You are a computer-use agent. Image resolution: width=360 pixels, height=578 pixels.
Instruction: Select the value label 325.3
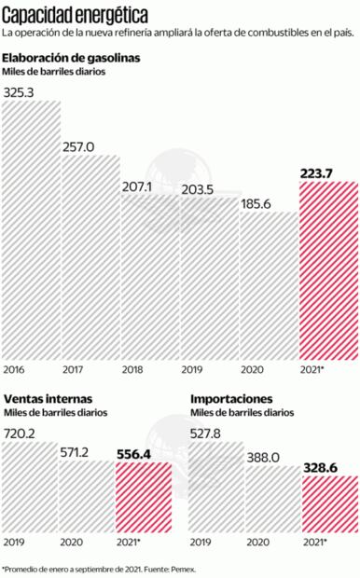click(x=19, y=93)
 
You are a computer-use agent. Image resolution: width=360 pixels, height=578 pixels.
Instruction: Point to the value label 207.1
click(x=137, y=186)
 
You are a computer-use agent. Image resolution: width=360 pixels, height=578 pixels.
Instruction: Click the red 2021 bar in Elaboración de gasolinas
click(x=327, y=270)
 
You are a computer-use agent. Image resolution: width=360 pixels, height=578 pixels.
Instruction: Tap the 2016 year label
click(x=15, y=369)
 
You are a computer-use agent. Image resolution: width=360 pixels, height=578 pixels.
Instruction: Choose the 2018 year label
click(x=133, y=369)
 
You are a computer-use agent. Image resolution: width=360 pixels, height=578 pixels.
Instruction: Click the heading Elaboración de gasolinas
click(x=72, y=58)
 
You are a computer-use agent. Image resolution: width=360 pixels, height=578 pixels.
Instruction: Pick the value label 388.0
click(x=265, y=458)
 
